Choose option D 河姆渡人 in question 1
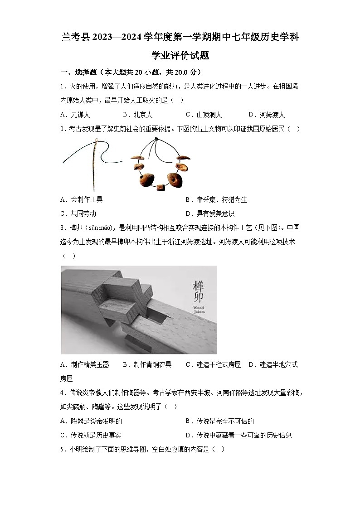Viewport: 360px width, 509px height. click(267, 115)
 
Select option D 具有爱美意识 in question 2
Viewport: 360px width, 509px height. click(210, 213)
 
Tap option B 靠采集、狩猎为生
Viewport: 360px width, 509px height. click(216, 199)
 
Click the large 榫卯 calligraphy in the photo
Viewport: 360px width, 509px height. click(198, 292)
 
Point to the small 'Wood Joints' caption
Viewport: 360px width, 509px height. click(199, 310)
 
